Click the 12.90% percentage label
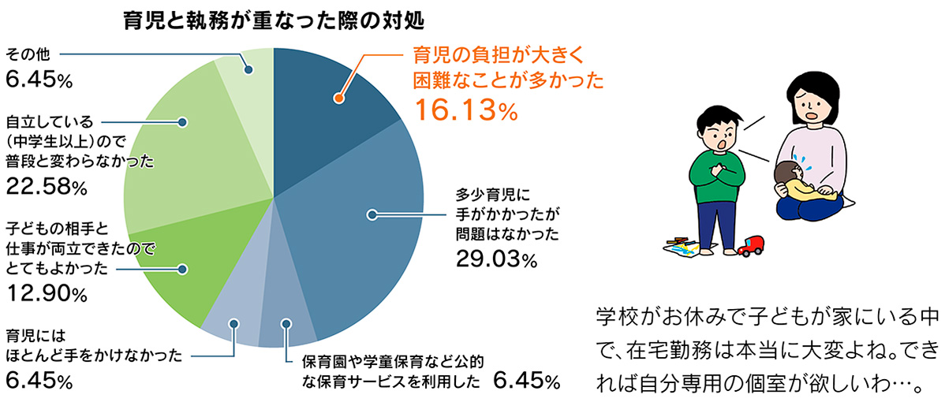point(47,295)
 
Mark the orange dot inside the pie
point(338,99)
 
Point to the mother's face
point(813,105)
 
